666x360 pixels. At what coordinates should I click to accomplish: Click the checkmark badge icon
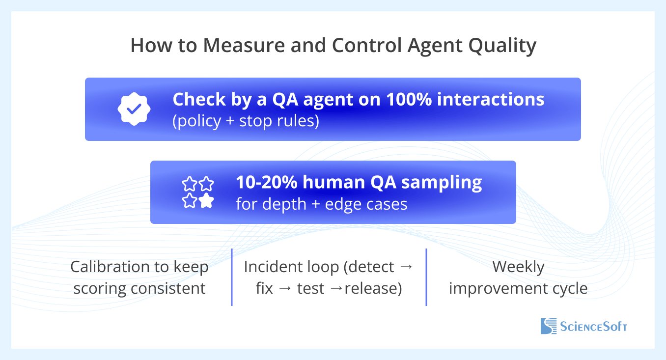133,109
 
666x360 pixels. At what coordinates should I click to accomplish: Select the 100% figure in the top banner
409,99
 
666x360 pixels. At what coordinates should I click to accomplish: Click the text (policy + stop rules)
246,121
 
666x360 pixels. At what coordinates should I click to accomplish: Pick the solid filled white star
206,200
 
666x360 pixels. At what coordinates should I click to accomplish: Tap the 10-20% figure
267,182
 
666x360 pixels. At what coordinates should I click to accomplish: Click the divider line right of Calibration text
231,277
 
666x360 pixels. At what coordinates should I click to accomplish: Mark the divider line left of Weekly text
426,277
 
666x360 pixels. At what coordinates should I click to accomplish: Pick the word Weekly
518,267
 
